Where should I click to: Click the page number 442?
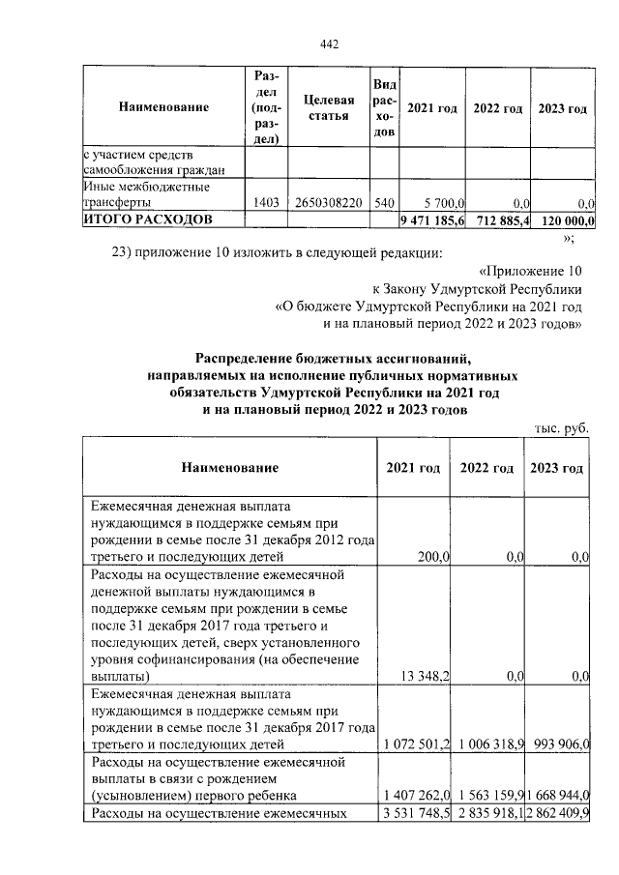point(329,44)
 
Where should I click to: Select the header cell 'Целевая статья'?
point(328,107)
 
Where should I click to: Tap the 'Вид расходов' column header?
point(383,107)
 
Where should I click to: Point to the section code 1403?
point(265,203)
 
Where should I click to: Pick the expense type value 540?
point(383,203)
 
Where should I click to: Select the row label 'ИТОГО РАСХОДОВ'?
point(145,219)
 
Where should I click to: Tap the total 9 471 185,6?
point(432,220)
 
